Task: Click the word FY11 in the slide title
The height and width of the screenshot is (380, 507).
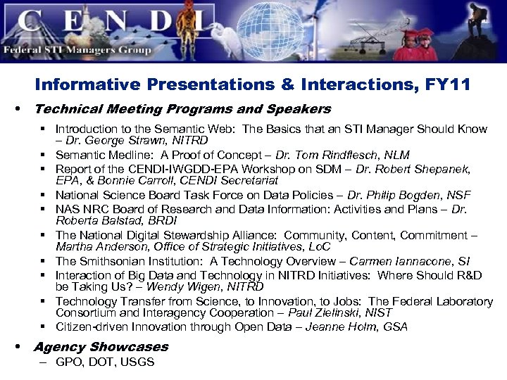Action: click(x=448, y=85)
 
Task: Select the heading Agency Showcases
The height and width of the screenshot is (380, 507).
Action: click(x=101, y=347)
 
